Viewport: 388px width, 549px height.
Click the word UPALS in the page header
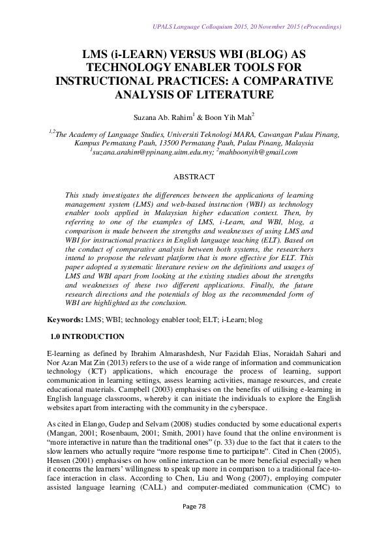click(x=164, y=27)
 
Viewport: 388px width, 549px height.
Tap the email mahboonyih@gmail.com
click(x=257, y=152)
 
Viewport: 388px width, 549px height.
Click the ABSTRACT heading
click(x=194, y=176)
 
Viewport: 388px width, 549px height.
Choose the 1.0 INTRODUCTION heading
click(x=87, y=337)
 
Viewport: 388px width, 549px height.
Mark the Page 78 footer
click(x=194, y=524)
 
